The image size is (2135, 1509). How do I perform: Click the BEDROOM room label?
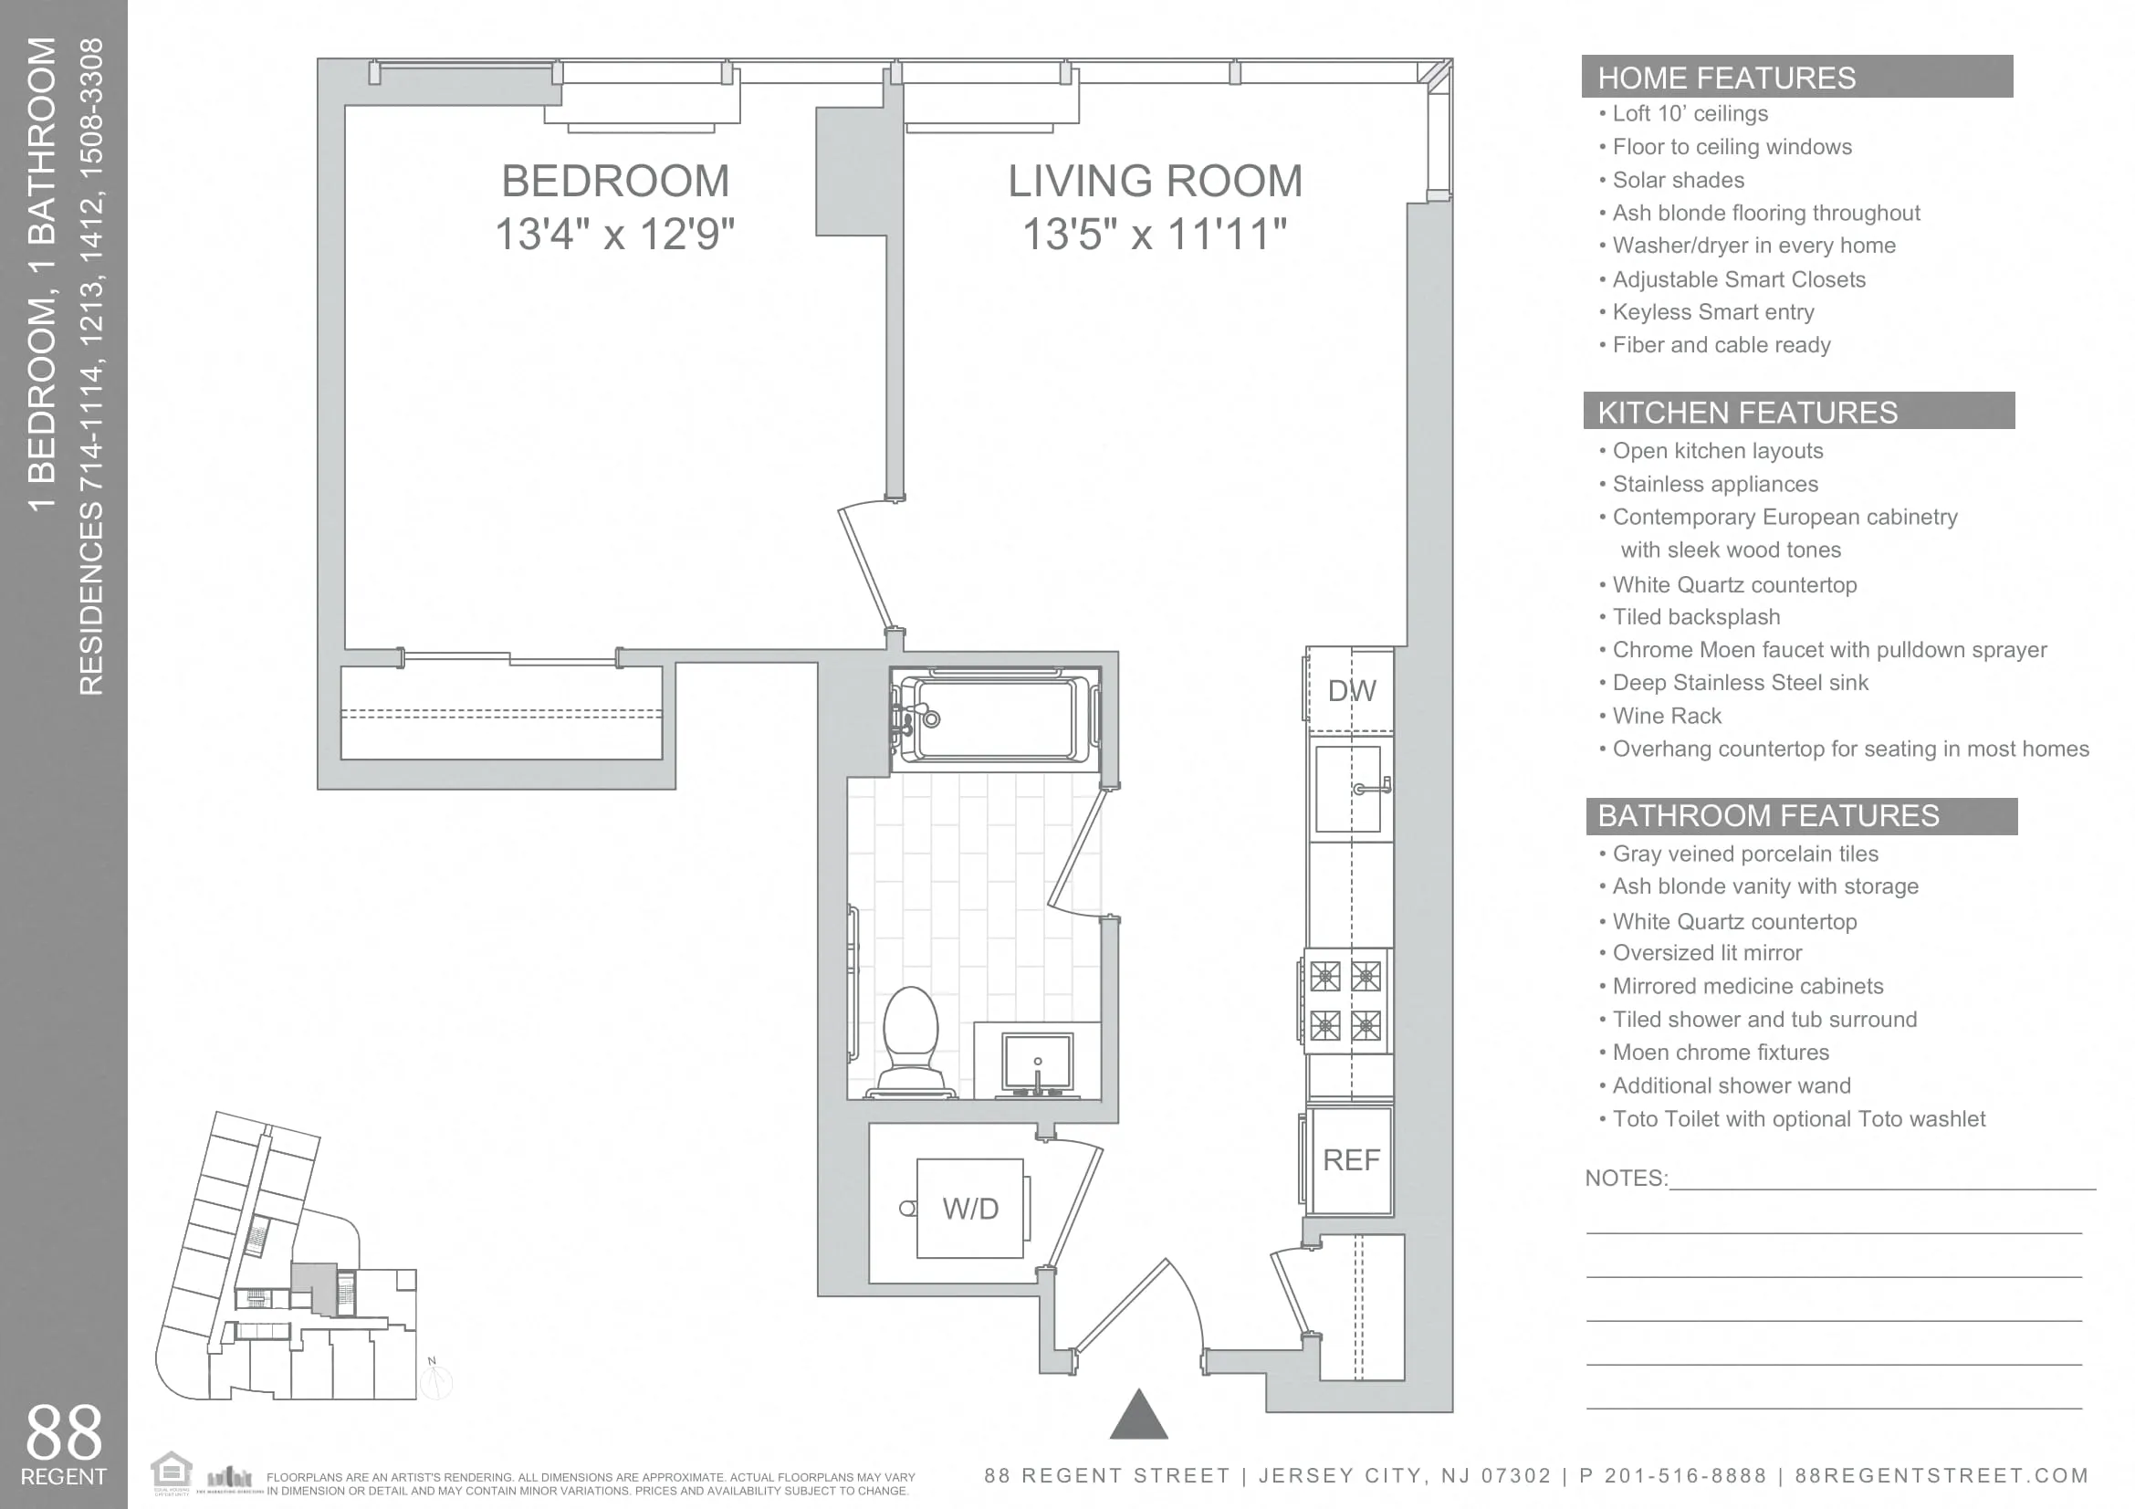point(614,182)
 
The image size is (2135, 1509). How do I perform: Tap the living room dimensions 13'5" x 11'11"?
point(1154,235)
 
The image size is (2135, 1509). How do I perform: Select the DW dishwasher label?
point(1351,691)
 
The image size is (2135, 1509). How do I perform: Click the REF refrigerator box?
point(1350,1159)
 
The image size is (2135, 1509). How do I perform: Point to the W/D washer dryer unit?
point(970,1208)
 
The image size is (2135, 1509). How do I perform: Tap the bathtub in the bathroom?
point(995,718)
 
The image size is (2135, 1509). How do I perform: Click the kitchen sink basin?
point(1347,789)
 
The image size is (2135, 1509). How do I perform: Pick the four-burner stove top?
point(1345,1001)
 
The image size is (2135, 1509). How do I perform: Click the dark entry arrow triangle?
point(1138,1417)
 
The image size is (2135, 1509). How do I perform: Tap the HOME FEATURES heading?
point(1726,79)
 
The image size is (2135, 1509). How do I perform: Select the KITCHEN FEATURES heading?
point(1747,413)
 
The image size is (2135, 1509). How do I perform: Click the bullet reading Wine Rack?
point(1667,716)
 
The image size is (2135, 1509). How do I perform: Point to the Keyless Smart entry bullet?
point(1712,312)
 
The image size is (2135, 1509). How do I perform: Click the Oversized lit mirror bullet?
point(1706,953)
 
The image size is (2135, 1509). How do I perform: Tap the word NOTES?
point(1625,1178)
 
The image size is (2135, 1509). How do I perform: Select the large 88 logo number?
point(63,1432)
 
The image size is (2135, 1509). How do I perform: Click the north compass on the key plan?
point(435,1381)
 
